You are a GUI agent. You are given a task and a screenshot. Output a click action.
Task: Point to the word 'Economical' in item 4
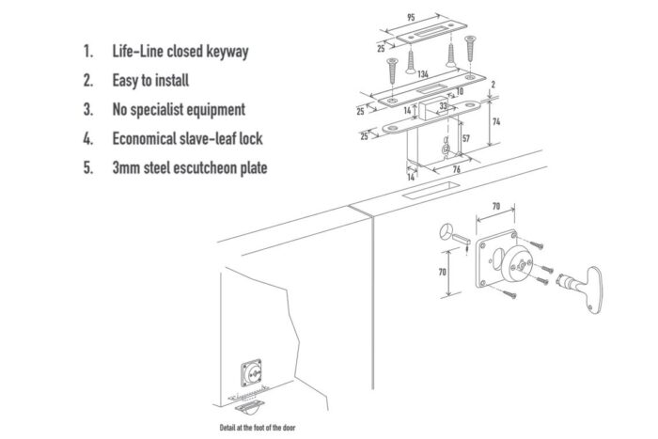150,139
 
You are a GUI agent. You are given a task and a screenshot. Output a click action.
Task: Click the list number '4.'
88,139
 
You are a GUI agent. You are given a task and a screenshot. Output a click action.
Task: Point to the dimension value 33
443,107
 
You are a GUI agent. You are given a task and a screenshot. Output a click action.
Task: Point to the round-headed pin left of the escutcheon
452,233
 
